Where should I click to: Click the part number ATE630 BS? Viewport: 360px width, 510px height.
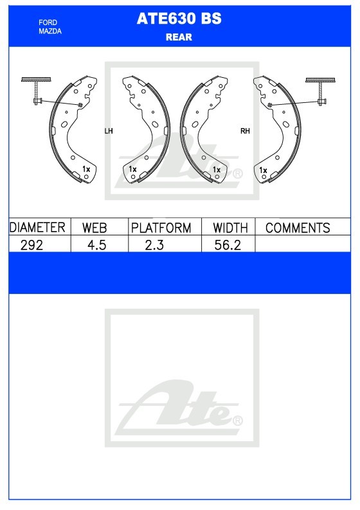click(179, 19)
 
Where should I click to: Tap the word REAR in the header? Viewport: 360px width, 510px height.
click(179, 37)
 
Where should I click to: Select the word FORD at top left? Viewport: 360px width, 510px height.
click(48, 23)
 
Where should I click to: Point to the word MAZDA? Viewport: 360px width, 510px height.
click(50, 32)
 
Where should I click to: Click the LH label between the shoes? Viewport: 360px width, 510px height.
click(108, 131)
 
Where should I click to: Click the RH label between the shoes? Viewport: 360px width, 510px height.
click(245, 131)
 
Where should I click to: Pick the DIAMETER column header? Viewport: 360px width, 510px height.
click(37, 228)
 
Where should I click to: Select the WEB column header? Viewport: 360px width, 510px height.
click(94, 228)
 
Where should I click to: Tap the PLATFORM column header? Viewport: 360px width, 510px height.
click(161, 228)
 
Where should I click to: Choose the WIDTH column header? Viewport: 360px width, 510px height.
click(230, 228)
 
